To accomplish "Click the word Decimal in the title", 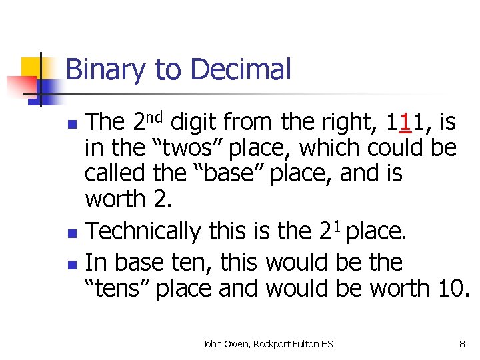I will click(x=241, y=70).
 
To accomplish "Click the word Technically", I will click(x=143, y=231).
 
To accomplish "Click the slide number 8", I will click(x=462, y=344).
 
